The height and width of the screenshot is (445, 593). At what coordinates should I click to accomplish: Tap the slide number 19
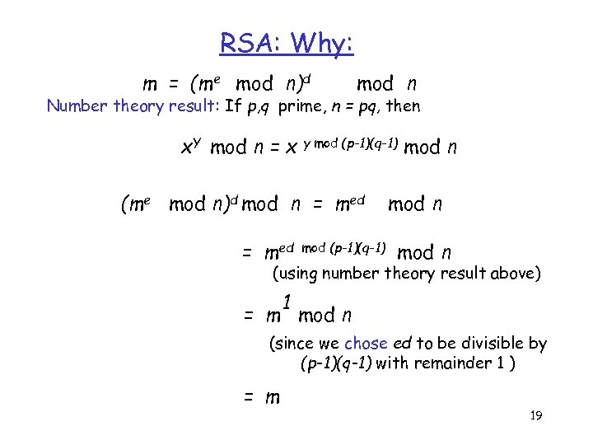(535, 416)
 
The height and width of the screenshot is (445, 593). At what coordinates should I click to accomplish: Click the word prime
(300, 106)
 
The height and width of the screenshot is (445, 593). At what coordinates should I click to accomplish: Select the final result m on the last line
(272, 398)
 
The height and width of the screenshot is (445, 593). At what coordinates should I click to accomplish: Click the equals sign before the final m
(248, 398)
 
